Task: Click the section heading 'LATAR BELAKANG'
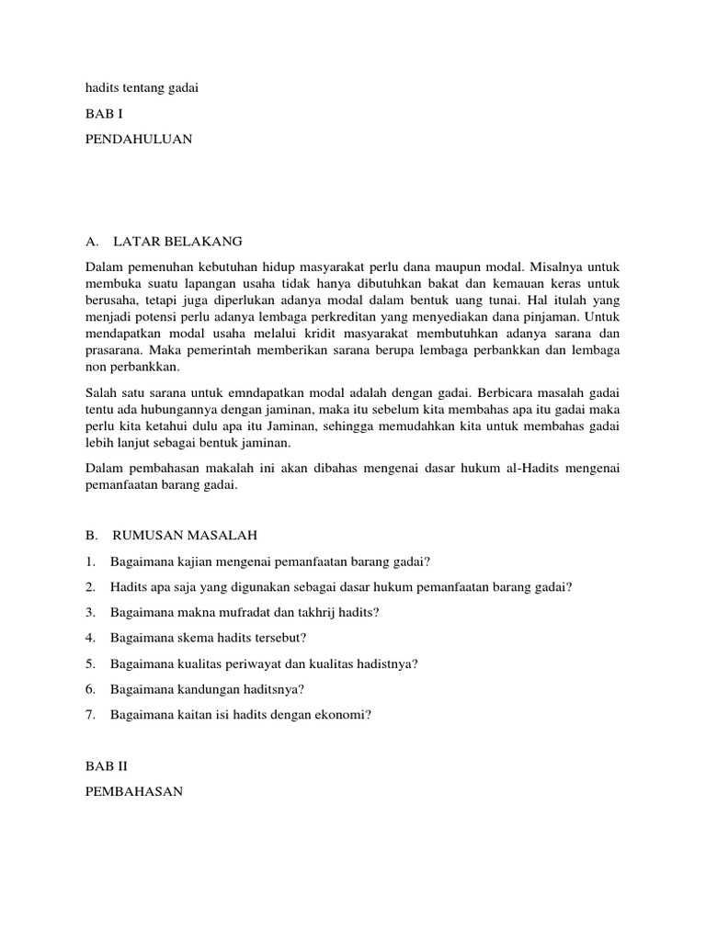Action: tap(177, 242)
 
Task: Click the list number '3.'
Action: tap(90, 612)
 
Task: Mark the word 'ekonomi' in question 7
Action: tap(340, 714)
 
